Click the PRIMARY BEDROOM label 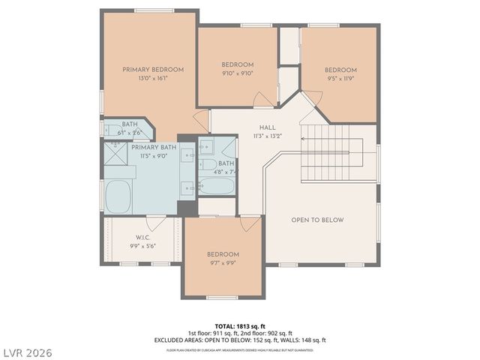pos(153,70)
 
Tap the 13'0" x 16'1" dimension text pos(153,78)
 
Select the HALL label pos(267,128)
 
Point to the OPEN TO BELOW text pos(317,220)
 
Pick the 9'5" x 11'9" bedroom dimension pos(340,78)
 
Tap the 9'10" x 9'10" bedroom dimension pos(237,73)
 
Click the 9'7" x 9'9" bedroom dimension pos(223,263)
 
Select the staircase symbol pos(331,154)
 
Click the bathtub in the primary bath pos(119,196)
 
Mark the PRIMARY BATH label pos(154,148)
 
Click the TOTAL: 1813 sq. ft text pos(239,325)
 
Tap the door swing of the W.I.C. pos(156,223)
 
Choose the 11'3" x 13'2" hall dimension pos(267,136)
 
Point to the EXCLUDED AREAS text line pos(239,340)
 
